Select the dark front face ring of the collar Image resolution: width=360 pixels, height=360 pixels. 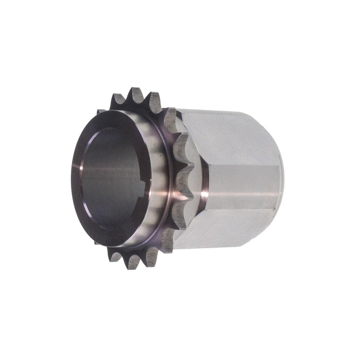[77, 154]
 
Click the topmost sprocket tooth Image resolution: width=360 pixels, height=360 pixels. [136, 96]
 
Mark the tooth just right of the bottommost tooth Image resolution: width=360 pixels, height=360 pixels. [152, 257]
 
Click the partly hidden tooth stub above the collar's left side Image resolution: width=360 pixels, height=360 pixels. [101, 111]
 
